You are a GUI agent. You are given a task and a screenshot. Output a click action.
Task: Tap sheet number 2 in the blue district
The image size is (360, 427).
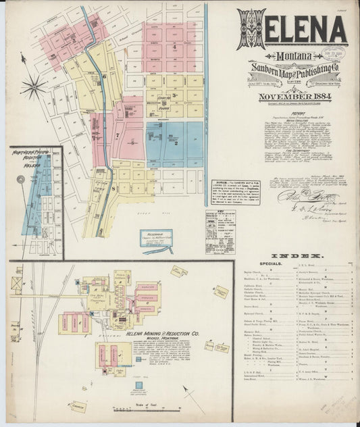pyautogui.click(x=176, y=143)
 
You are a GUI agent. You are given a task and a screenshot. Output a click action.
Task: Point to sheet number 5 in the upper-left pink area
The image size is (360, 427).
pyautogui.click(x=73, y=40)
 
